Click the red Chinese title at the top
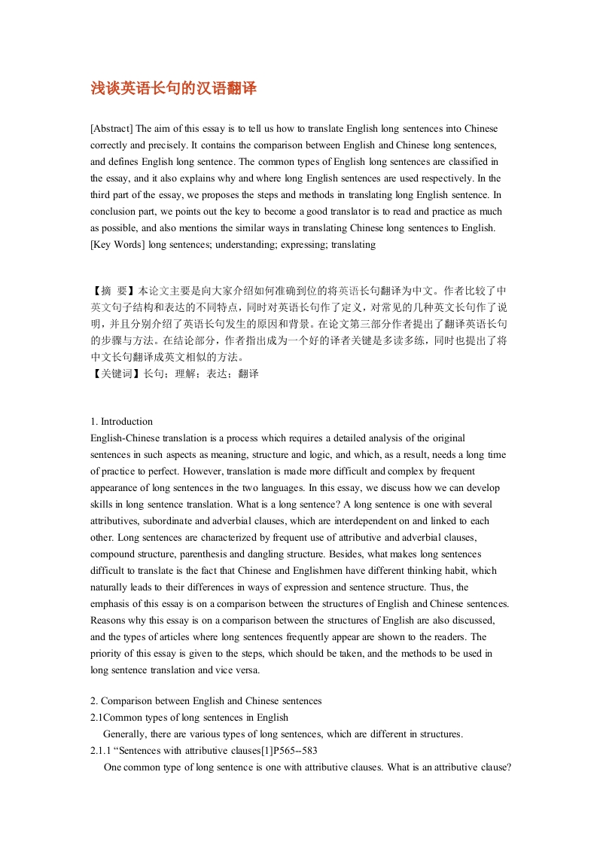pyautogui.click(x=173, y=89)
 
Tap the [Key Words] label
pyautogui.click(x=117, y=245)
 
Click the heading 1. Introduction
pyautogui.click(x=121, y=422)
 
